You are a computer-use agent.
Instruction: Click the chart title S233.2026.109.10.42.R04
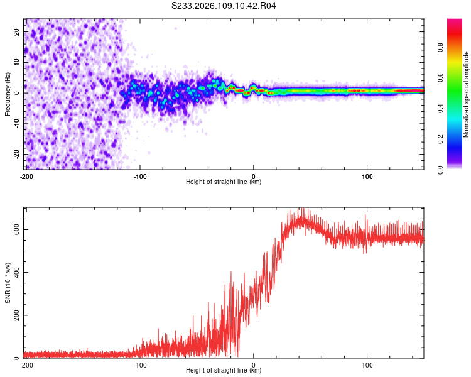point(224,6)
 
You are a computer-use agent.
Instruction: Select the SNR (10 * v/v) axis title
point(8,283)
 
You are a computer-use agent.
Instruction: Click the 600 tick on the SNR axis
point(16,229)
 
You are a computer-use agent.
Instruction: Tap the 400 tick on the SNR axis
point(16,272)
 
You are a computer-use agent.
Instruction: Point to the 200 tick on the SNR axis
point(16,315)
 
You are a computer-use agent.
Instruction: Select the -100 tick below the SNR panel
point(139,364)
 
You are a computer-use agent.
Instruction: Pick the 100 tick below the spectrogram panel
point(367,176)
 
